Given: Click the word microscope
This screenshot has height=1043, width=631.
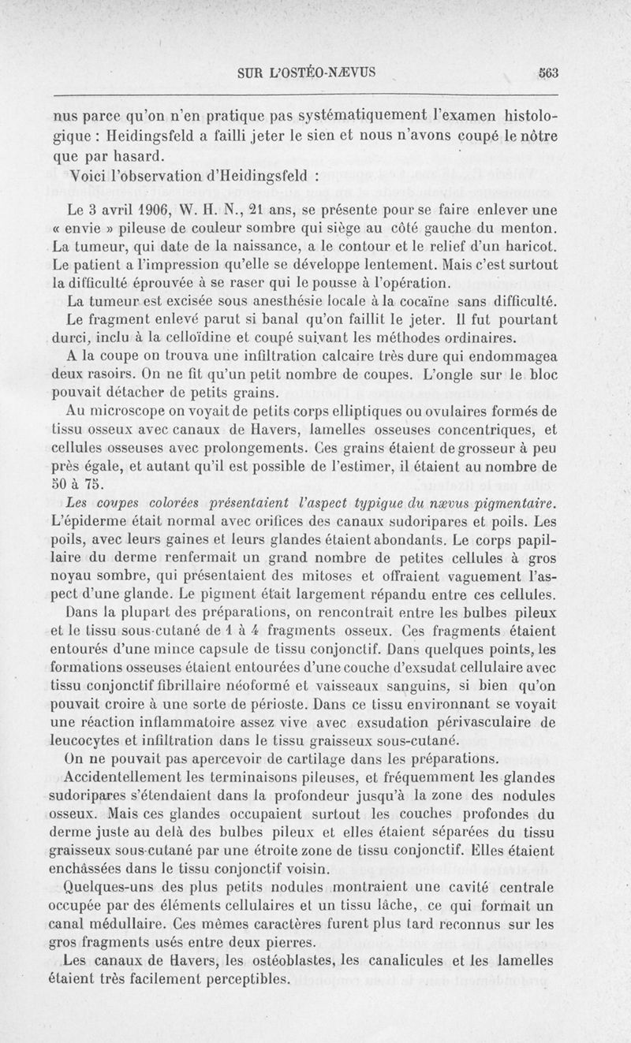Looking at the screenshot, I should [125, 410].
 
